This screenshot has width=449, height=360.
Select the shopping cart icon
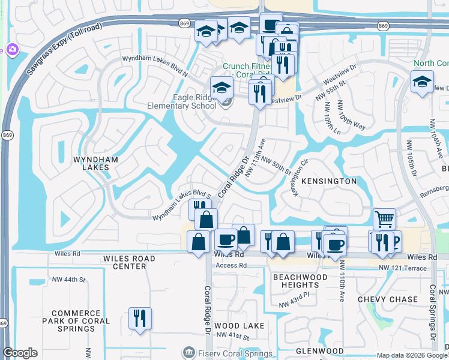(384, 218)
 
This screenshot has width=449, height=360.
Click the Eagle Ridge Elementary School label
(178, 102)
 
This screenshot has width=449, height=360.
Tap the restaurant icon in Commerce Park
(140, 317)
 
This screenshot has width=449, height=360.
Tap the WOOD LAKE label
(239, 326)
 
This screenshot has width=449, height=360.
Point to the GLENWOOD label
(319, 351)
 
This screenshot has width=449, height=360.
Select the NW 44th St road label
(69, 280)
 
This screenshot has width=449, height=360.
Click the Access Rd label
(231, 265)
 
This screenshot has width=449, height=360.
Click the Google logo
(20, 353)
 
